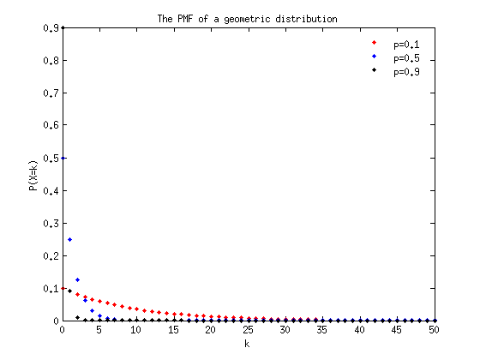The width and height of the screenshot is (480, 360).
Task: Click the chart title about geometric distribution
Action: (248, 19)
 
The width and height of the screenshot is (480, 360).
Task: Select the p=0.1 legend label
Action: (406, 45)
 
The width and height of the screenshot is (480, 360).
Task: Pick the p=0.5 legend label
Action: (406, 58)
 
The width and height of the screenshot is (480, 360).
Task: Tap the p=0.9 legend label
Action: (406, 72)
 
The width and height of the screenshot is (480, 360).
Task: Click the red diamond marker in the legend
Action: (374, 43)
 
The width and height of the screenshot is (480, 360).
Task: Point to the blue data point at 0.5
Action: (63, 158)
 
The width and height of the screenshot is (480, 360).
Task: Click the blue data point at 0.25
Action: (70, 239)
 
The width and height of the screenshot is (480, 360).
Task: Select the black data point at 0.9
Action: (63, 27)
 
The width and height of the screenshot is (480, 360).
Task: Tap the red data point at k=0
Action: (63, 288)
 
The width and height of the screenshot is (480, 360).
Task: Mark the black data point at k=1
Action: (70, 291)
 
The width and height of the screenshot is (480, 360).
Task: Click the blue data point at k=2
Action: (78, 279)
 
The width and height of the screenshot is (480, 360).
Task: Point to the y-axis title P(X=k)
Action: (33, 176)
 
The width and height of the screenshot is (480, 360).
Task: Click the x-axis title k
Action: (247, 344)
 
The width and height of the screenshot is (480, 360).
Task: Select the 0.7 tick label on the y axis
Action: (51, 93)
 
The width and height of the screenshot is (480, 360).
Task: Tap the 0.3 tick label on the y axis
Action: (51, 223)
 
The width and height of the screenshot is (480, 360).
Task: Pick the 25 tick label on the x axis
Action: (249, 330)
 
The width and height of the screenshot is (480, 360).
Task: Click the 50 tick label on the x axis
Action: (434, 330)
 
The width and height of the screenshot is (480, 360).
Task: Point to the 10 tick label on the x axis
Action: (136, 330)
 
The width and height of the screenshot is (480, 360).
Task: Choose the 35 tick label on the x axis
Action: (322, 330)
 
